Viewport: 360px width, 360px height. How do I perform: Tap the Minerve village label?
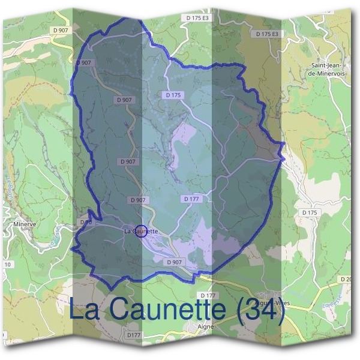pos(25,225)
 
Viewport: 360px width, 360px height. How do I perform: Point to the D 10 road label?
pos(85,222)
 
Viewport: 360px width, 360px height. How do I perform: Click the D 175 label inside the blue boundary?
pos(173,95)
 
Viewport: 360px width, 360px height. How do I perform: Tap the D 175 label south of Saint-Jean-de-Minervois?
pos(310,213)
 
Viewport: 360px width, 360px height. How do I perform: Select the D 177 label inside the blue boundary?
pos(191,199)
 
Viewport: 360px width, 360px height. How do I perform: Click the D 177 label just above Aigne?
pos(208,296)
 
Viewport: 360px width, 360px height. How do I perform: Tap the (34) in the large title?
pos(260,309)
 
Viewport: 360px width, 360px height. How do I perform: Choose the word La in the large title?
pos(85,309)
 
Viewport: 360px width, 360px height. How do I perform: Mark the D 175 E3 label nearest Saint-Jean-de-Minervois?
pos(268,34)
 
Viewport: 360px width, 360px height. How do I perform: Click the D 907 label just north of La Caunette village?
pos(137,200)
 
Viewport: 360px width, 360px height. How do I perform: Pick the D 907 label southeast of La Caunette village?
pos(173,262)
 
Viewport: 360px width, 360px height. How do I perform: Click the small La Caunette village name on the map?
pos(141,231)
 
